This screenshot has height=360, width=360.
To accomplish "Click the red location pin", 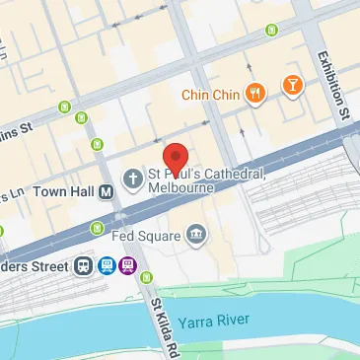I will (x=175, y=158).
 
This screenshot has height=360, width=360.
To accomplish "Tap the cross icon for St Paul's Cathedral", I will (x=131, y=178).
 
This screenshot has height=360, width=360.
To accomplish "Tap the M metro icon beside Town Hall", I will (x=104, y=191).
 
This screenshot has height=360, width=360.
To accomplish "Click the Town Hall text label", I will (x=62, y=191).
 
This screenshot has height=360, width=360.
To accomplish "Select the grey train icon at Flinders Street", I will (x=82, y=264).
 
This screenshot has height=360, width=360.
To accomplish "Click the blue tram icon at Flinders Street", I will (x=105, y=264).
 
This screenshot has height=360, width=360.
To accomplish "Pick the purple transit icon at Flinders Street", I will (x=127, y=264).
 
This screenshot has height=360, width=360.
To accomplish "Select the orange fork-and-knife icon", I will (x=255, y=94).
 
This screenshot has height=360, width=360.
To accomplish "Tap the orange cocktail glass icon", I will (x=292, y=87).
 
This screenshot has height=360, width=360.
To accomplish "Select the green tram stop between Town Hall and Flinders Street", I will (x=95, y=229).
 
